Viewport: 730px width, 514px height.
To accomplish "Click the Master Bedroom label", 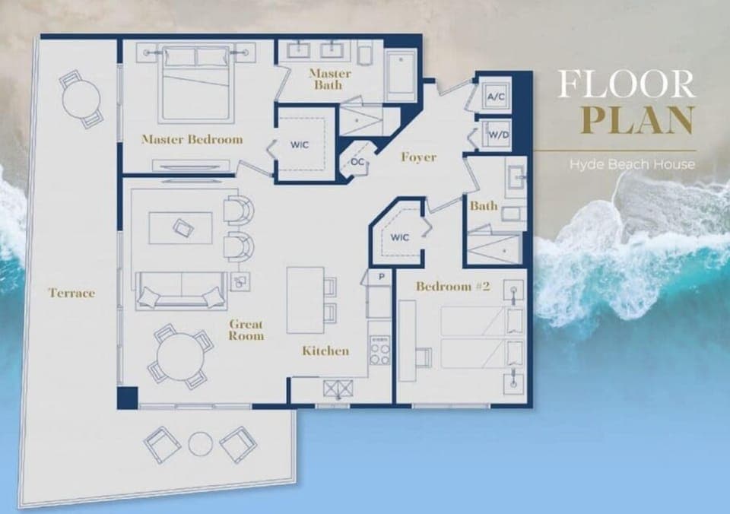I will [192, 139].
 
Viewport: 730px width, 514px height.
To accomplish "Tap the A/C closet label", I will [496, 97].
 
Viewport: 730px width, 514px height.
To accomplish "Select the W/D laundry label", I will [497, 135].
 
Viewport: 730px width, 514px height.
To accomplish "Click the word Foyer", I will [418, 157].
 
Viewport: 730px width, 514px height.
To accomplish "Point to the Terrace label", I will [71, 292].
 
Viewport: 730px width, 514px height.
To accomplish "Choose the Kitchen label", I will [325, 351].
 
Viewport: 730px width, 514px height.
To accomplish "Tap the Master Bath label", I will [329, 79].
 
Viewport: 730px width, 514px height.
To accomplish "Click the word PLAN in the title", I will [637, 120].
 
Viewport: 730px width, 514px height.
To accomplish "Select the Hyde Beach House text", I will [632, 163].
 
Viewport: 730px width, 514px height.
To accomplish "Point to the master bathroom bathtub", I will [400, 75].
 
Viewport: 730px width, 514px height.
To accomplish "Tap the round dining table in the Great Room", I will [180, 355].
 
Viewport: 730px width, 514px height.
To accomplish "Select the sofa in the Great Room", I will [182, 290].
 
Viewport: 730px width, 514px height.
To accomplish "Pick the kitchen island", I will [306, 300].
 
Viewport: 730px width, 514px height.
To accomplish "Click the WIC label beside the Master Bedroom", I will [298, 144].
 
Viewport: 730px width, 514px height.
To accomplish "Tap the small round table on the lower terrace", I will [200, 443].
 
